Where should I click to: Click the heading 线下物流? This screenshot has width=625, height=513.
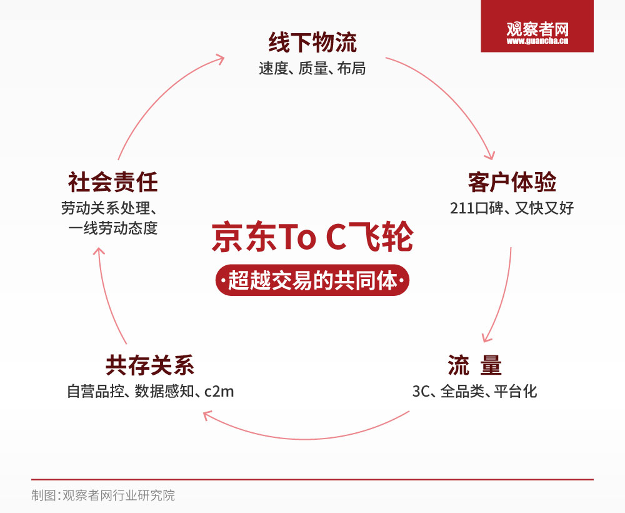click(x=312, y=43)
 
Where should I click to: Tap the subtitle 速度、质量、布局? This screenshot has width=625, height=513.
click(x=312, y=69)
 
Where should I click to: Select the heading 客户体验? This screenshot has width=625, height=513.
click(x=512, y=182)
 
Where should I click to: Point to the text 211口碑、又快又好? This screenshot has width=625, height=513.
click(x=512, y=208)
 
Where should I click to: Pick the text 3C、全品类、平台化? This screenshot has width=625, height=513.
click(x=474, y=392)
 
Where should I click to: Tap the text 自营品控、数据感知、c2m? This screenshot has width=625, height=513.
click(x=150, y=392)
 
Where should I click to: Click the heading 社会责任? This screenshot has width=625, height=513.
click(x=112, y=182)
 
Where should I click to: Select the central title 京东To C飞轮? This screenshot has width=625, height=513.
click(x=312, y=238)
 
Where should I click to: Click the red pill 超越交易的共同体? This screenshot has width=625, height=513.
click(x=312, y=281)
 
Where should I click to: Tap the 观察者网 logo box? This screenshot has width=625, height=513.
click(x=537, y=26)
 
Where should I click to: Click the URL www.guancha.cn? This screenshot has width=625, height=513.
click(x=537, y=42)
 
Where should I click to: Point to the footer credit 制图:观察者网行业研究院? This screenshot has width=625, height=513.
click(x=103, y=495)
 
